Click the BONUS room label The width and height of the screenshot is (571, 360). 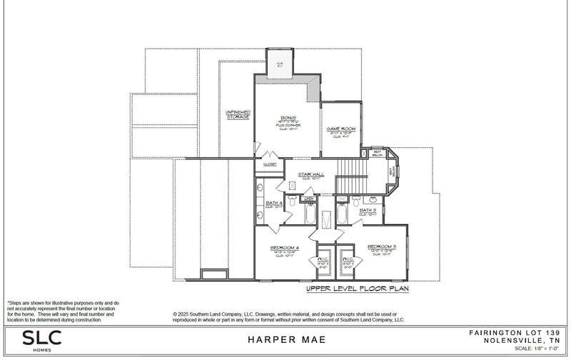point(288,118)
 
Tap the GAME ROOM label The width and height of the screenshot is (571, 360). point(340,129)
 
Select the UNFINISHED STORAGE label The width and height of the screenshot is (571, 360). point(237,114)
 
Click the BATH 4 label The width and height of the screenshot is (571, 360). point(274,203)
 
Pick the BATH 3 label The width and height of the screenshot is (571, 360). point(368,210)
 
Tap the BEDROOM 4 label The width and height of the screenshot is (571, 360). point(284,248)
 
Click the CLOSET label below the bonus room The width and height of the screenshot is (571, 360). point(270,164)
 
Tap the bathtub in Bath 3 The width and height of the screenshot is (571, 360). point(342,213)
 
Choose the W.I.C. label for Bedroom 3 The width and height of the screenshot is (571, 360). point(348,260)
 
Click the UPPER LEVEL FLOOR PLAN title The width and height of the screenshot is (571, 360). point(356,289)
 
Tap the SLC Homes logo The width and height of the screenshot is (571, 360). point(41,339)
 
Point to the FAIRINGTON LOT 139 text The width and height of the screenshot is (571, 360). point(514,333)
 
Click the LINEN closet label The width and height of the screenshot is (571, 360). point(309,199)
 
